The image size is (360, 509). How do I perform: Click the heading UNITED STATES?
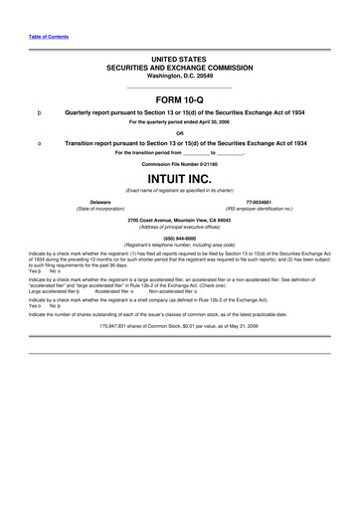pyautogui.click(x=179, y=61)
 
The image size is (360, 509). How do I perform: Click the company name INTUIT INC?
pyautogui.click(x=179, y=179)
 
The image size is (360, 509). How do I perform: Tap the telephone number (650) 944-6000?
pyautogui.click(x=179, y=238)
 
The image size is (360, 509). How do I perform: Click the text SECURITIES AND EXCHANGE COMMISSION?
pyautogui.click(x=179, y=69)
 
